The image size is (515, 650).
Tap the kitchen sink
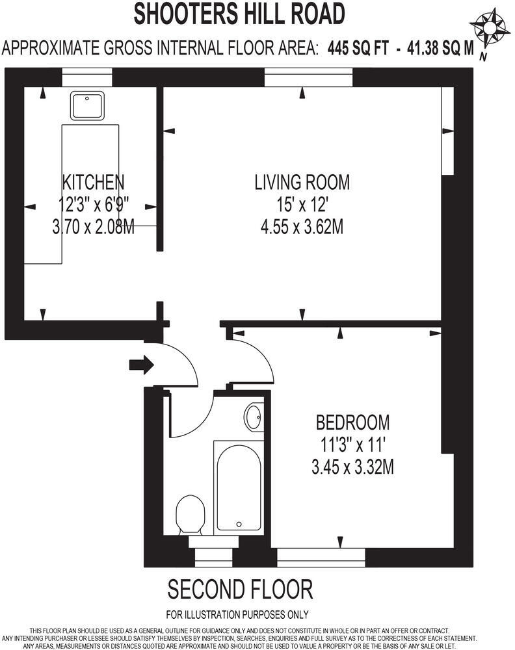pos(88,106)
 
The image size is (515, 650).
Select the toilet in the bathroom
pos(191,515)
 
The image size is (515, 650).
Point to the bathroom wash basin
pos(254,417)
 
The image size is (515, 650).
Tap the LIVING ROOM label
pos(302,182)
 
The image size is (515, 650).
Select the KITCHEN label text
pos(92,181)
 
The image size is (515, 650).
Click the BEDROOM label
pos(352,422)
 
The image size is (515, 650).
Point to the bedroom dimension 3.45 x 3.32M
pos(352,467)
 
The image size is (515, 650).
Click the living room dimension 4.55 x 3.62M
pos(302,227)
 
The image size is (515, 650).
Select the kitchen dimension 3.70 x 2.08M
pos(92,227)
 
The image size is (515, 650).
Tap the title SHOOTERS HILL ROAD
pos(239,14)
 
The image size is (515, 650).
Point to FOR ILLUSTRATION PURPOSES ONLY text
pos(237,614)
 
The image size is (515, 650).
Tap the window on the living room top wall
pos(308,79)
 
